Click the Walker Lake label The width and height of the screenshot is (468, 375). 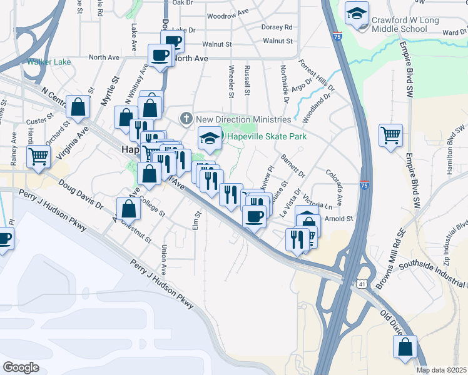[48, 62]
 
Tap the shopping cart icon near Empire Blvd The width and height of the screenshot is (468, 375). [390, 135]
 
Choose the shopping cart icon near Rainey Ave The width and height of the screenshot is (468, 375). [38, 156]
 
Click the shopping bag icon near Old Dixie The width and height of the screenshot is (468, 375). [405, 347]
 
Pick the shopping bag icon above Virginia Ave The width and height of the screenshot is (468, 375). [78, 107]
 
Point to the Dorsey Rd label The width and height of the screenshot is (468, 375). [277, 27]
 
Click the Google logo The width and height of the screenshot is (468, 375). [21, 367]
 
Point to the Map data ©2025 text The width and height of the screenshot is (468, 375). [442, 370]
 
